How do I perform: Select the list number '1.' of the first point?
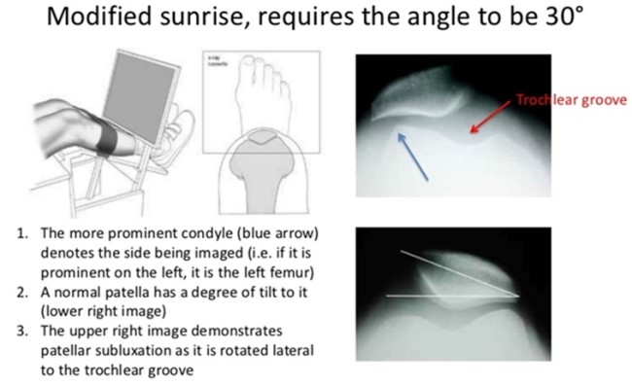pos(21,233)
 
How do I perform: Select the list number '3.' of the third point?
pos(21,333)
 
